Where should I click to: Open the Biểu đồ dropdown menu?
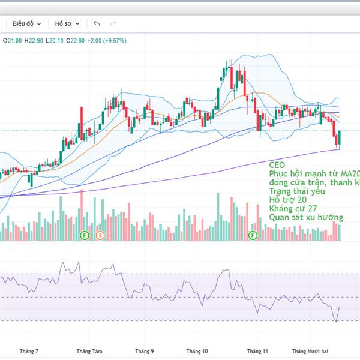pos(27,23)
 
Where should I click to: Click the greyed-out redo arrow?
pos(113,23)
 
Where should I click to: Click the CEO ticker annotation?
pos(278,164)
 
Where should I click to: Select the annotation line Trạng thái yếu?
pos(297,191)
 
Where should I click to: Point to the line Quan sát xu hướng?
pos(306,217)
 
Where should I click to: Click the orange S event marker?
pos(100,235)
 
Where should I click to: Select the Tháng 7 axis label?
pos(29,351)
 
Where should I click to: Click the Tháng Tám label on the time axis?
pos(88,351)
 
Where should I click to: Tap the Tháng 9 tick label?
pos(145,351)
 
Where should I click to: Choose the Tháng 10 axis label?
pos(197,351)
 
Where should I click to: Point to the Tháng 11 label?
pos(257,351)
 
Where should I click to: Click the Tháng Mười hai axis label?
pos(310,351)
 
